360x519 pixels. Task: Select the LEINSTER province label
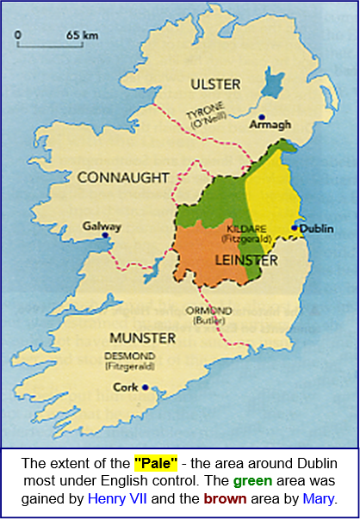tap(245, 259)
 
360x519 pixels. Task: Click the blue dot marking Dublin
tap(295, 228)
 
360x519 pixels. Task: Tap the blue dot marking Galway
tap(105, 235)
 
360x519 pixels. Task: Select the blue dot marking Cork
tap(146, 387)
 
